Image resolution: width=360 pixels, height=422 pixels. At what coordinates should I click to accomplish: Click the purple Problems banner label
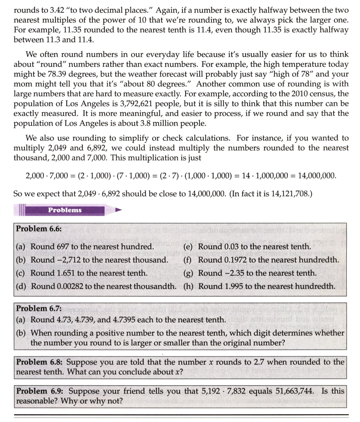pyautogui.click(x=64, y=210)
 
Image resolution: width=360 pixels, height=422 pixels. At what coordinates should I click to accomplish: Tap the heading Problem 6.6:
pyautogui.click(x=39, y=229)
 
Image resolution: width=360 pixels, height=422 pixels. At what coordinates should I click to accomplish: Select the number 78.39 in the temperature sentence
pyautogui.click(x=72, y=74)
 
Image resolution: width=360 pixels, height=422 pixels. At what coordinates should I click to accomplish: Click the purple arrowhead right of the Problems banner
pyautogui.click(x=118, y=210)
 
